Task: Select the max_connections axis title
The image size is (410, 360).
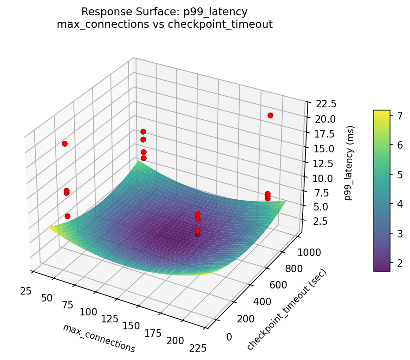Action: point(99,338)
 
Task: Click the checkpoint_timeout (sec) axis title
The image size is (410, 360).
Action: point(286,310)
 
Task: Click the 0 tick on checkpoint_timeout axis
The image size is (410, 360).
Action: point(228,337)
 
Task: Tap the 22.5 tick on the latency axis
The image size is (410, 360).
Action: point(319,104)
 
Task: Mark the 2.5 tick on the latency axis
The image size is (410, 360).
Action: point(316,221)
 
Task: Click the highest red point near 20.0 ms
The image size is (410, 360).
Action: point(270,115)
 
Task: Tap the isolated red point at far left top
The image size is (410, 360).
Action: point(65,144)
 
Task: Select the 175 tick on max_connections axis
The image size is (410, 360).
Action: point(153,333)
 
